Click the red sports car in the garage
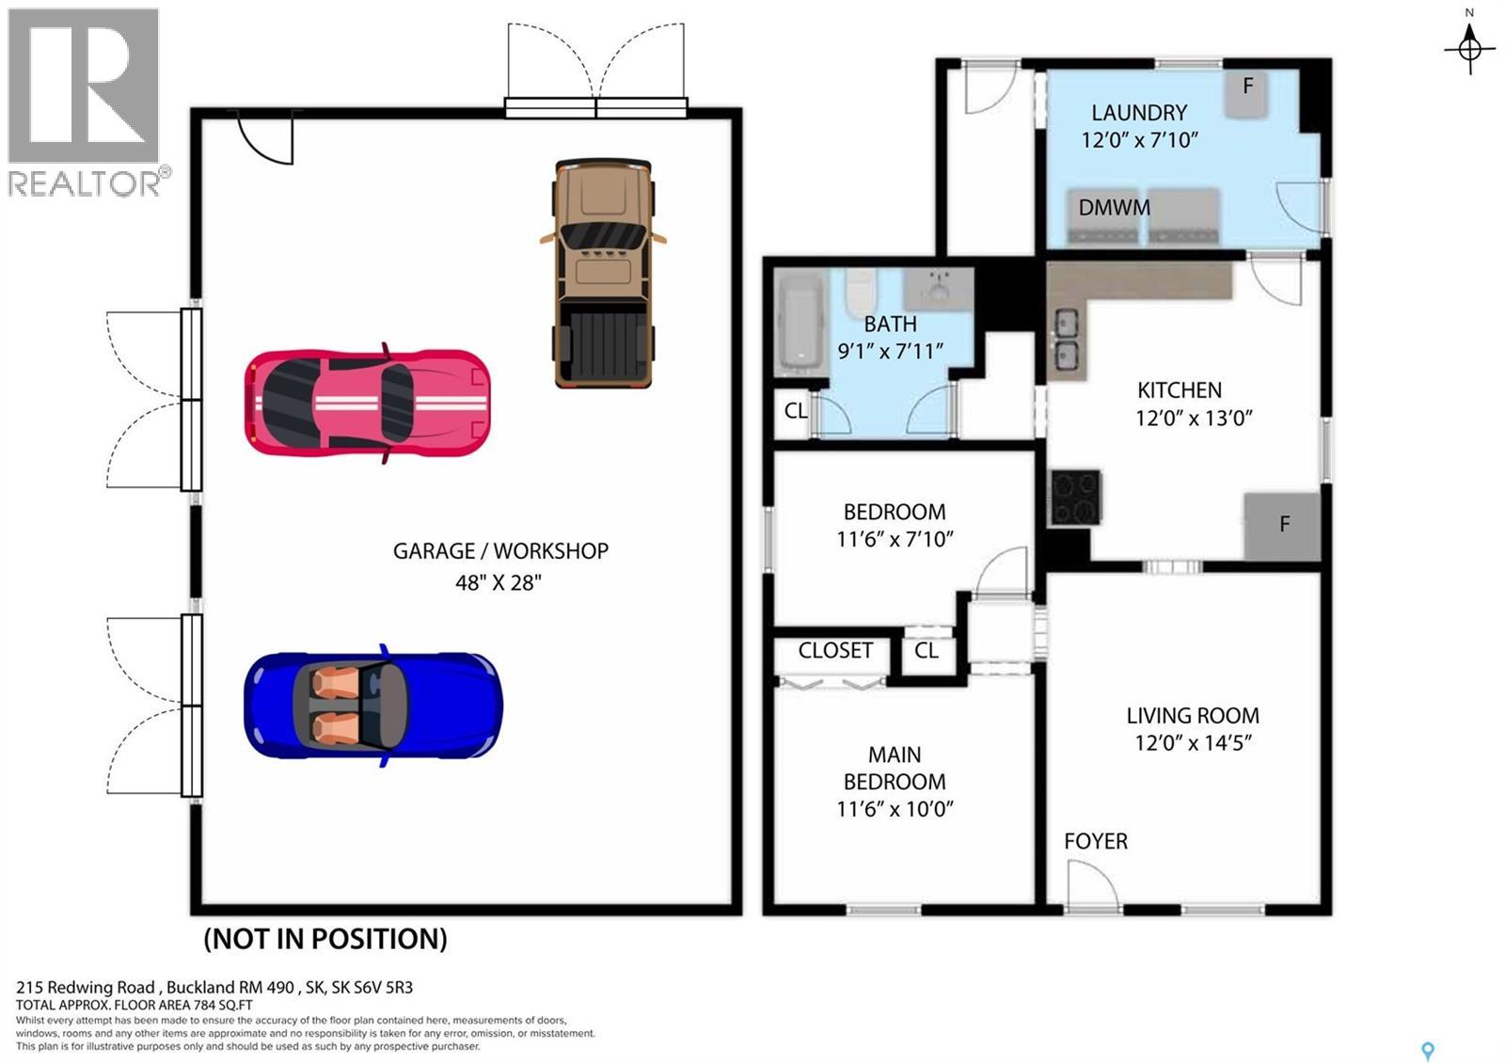pos(367,404)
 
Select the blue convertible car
pos(373,706)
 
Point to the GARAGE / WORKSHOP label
pos(500,551)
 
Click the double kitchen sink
pos(1067,340)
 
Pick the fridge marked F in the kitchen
pos(1282,525)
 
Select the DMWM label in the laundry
pos(1115,208)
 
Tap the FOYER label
pos(1096,841)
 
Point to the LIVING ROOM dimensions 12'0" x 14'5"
pos(1193,742)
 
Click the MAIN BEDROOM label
pos(895,768)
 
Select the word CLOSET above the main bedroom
pos(835,650)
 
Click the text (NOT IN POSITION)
pos(325,939)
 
